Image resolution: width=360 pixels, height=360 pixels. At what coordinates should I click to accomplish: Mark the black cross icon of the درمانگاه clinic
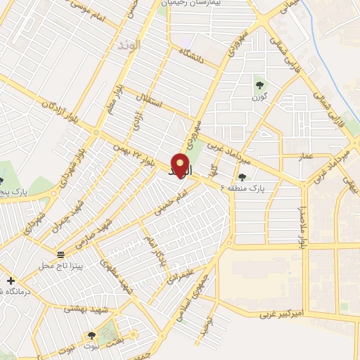tap(11, 281)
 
